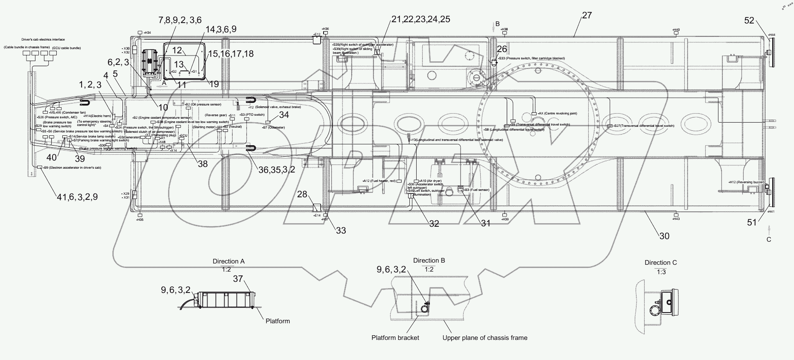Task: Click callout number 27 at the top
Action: coord(587,15)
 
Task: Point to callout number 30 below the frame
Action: coord(664,236)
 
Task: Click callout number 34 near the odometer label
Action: coord(284,114)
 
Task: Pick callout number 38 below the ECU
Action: coord(203,164)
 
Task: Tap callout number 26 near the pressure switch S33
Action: coord(502,50)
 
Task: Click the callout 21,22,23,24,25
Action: coord(421,19)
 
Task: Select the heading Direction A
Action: coord(228,261)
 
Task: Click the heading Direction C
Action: coord(660,263)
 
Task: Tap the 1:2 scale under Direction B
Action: coord(429,269)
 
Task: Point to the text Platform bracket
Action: coord(395,338)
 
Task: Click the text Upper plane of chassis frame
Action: coord(485,338)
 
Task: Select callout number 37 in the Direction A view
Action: coord(238,279)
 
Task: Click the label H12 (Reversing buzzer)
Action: coord(746,182)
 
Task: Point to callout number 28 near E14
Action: coord(302,194)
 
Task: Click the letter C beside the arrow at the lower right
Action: coord(769,240)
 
